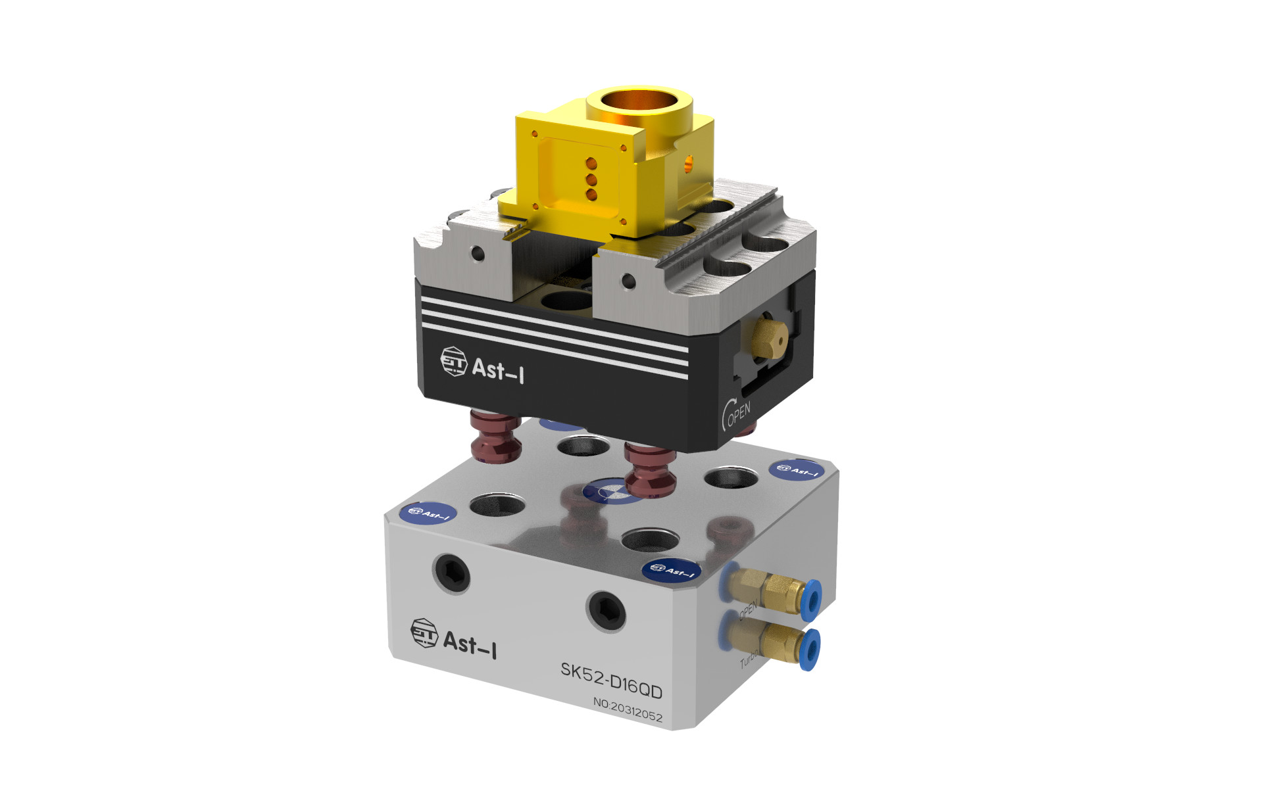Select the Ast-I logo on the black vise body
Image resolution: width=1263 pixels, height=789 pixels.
(482, 366)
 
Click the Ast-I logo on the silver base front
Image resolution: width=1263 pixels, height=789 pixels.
(453, 638)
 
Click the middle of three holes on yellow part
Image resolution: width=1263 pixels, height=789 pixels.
(591, 179)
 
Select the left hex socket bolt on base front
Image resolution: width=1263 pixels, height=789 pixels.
(452, 572)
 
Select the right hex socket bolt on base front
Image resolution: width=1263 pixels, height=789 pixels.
(607, 611)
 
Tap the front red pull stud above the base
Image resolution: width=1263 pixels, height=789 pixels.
(650, 471)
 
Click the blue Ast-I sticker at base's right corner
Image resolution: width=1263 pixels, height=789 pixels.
(797, 469)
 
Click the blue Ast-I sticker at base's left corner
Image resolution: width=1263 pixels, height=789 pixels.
(428, 513)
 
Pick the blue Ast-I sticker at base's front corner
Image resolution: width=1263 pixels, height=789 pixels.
(671, 569)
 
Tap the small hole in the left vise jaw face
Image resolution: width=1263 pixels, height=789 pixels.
(478, 254)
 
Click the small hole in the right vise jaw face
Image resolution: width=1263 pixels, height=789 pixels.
(628, 281)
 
